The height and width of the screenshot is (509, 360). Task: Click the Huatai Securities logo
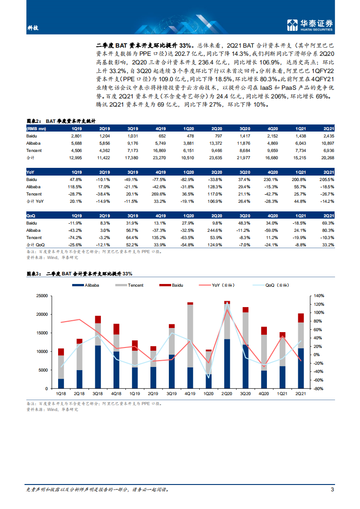[311, 25]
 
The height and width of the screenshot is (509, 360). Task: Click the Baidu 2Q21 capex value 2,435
[327, 136]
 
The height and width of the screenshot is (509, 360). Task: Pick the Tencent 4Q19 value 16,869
[159, 151]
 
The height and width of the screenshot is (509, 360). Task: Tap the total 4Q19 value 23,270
[159, 157]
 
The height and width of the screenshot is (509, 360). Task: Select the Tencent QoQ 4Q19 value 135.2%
[159, 237]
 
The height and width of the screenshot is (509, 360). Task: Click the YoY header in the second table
[30, 172]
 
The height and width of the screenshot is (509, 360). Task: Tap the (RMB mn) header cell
[36, 129]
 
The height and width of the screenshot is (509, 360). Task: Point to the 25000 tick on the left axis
[42, 296]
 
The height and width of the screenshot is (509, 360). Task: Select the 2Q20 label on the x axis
[227, 394]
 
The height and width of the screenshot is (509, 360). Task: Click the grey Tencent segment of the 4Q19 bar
[190, 336]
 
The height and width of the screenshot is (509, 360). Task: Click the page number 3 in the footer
[333, 489]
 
